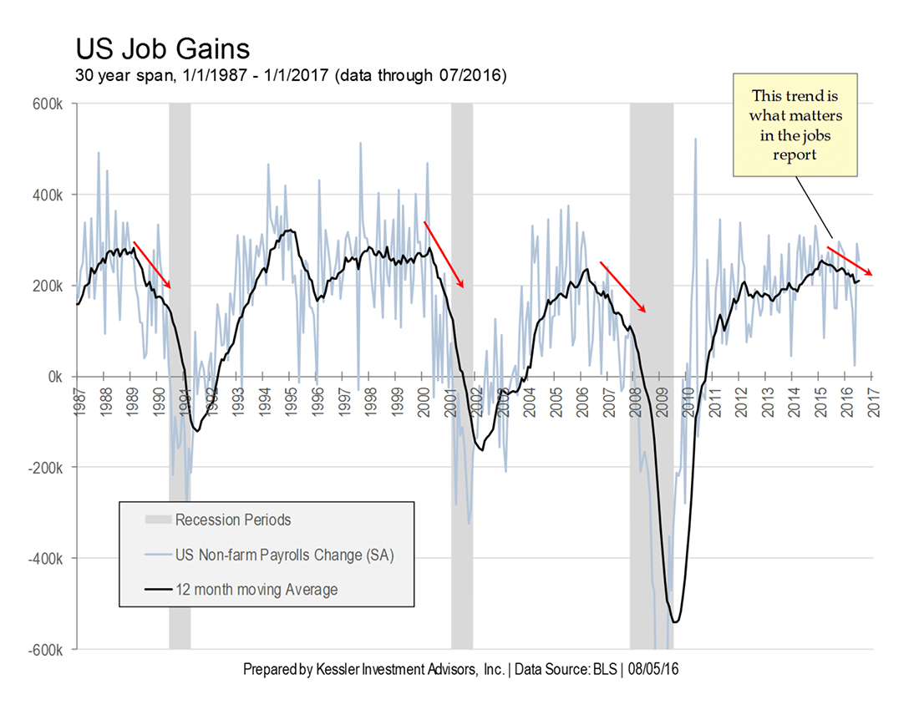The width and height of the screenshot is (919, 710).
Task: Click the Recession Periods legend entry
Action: (233, 520)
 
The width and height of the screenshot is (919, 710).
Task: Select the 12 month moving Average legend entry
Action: (256, 590)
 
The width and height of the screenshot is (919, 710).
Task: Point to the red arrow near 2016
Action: (850, 261)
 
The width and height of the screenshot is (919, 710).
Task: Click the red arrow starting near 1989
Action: (152, 266)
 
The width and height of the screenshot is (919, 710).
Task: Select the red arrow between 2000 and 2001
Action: (444, 255)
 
